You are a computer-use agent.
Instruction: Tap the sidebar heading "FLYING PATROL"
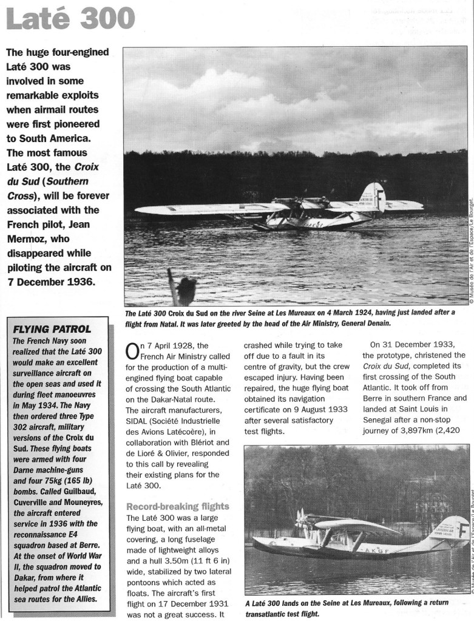click(52, 329)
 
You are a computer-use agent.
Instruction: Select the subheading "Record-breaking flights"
click(177, 506)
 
